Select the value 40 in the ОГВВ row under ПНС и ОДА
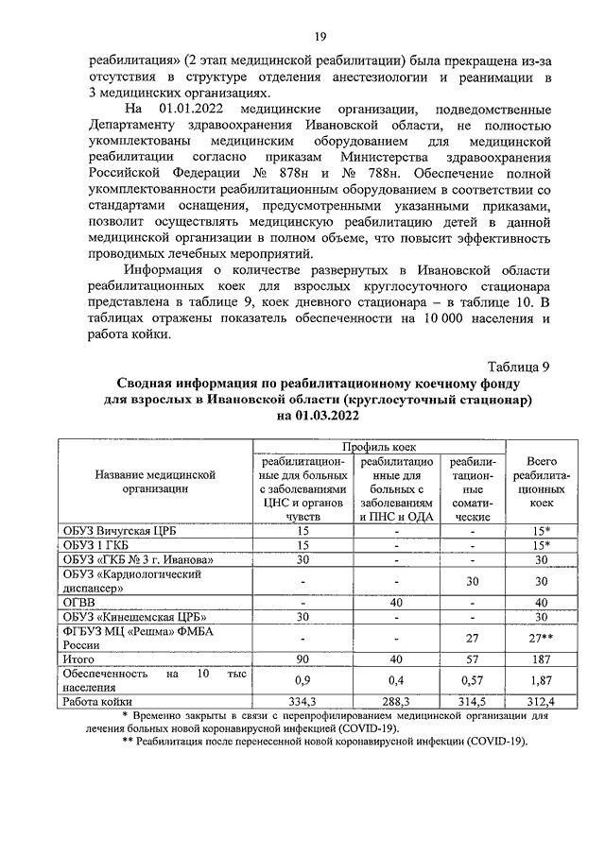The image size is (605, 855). pyautogui.click(x=397, y=602)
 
